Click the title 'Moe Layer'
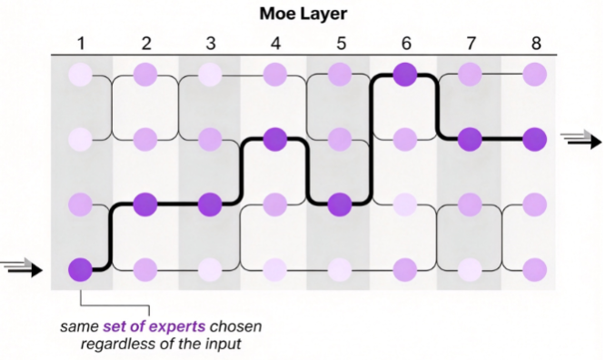click(x=303, y=14)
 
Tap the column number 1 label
click(x=80, y=44)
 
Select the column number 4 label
click(x=275, y=44)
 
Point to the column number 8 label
click(x=536, y=44)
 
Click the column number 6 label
click(x=405, y=44)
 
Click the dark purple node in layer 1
click(x=80, y=269)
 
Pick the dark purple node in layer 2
click(x=145, y=205)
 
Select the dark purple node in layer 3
click(x=210, y=205)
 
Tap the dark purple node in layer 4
click(x=274, y=139)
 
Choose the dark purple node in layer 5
click(x=340, y=205)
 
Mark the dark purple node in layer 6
click(x=405, y=75)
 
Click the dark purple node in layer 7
click(x=470, y=139)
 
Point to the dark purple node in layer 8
click(x=535, y=139)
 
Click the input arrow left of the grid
click(x=21, y=267)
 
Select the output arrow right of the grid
click(x=581, y=140)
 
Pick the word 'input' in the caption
click(x=224, y=345)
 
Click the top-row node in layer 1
click(x=80, y=75)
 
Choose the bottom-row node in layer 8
click(x=535, y=269)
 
